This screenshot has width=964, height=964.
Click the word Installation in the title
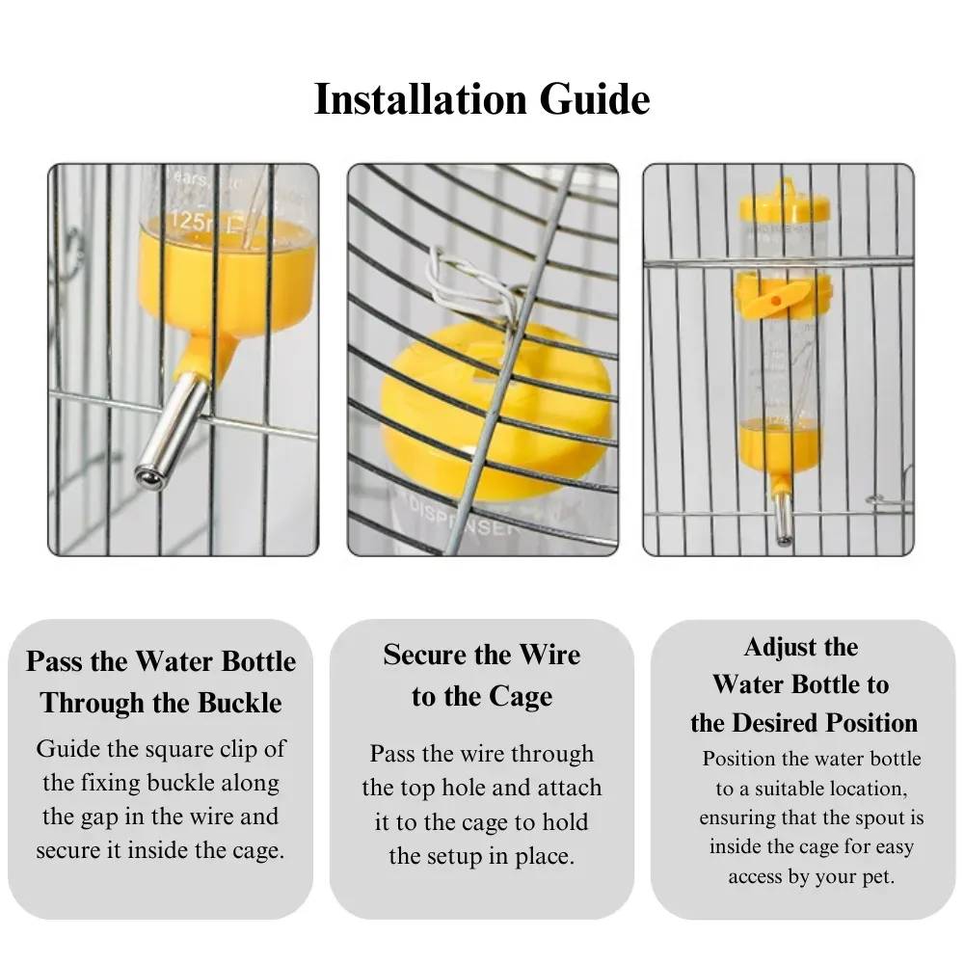[x=420, y=99]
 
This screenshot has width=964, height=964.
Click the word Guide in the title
[x=595, y=99]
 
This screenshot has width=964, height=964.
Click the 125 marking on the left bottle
[x=188, y=220]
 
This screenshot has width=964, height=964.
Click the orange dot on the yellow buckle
[x=776, y=301]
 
